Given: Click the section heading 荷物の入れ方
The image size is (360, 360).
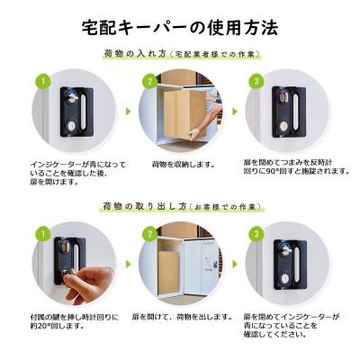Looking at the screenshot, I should (x=134, y=55).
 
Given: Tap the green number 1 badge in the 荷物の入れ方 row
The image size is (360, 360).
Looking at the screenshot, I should (x=40, y=82).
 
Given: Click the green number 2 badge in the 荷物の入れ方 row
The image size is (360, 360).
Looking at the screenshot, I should (x=148, y=82).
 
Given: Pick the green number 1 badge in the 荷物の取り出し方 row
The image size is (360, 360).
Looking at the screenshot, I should (x=40, y=233).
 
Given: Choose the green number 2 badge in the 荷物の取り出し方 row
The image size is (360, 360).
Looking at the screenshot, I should (x=148, y=233).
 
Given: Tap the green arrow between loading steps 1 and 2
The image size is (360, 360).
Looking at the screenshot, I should (x=127, y=112).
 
